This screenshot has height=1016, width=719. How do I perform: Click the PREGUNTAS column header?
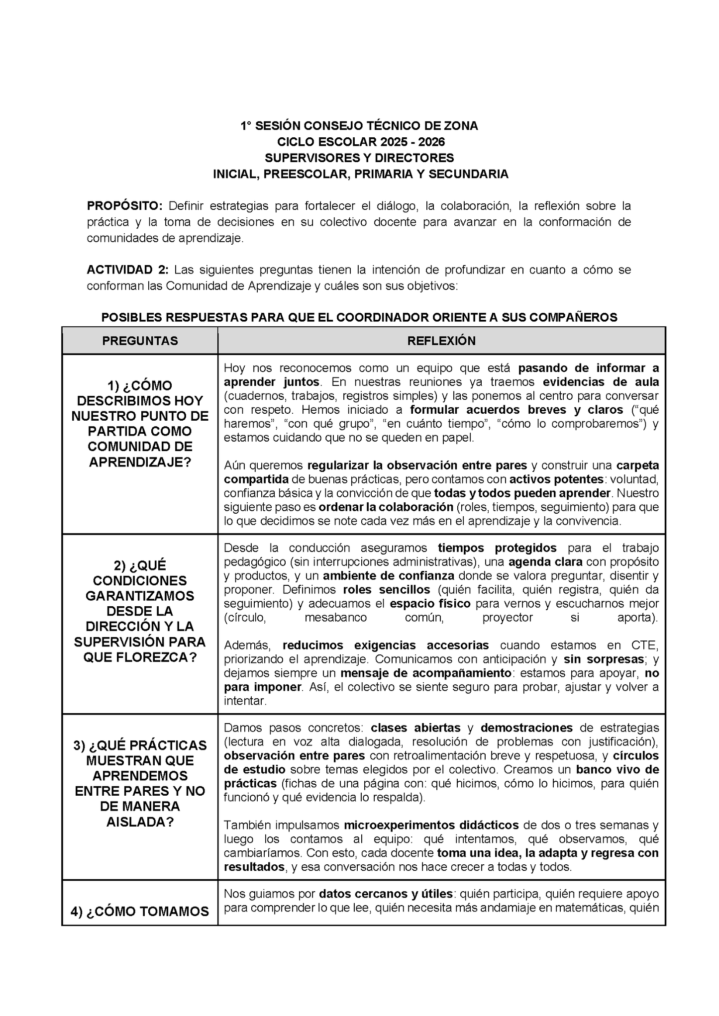coord(140,341)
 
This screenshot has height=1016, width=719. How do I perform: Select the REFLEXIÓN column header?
coord(441,341)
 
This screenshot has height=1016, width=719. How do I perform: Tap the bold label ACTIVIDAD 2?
coord(128,270)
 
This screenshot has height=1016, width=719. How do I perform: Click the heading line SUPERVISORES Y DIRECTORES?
coord(359,158)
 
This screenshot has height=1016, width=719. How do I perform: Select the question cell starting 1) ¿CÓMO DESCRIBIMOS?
coord(140,424)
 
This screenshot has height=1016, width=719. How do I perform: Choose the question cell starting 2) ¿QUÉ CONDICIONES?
coord(140,611)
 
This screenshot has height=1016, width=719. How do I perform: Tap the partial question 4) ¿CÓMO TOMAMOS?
coord(140,911)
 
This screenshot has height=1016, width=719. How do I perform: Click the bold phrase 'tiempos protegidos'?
coord(497,548)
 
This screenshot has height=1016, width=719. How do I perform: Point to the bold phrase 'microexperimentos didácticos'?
coord(431,825)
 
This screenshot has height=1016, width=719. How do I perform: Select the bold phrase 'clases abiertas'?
coord(415,728)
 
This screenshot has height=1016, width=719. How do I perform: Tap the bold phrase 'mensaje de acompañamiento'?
coord(426,673)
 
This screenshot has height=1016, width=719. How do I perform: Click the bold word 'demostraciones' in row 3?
coord(526,728)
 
